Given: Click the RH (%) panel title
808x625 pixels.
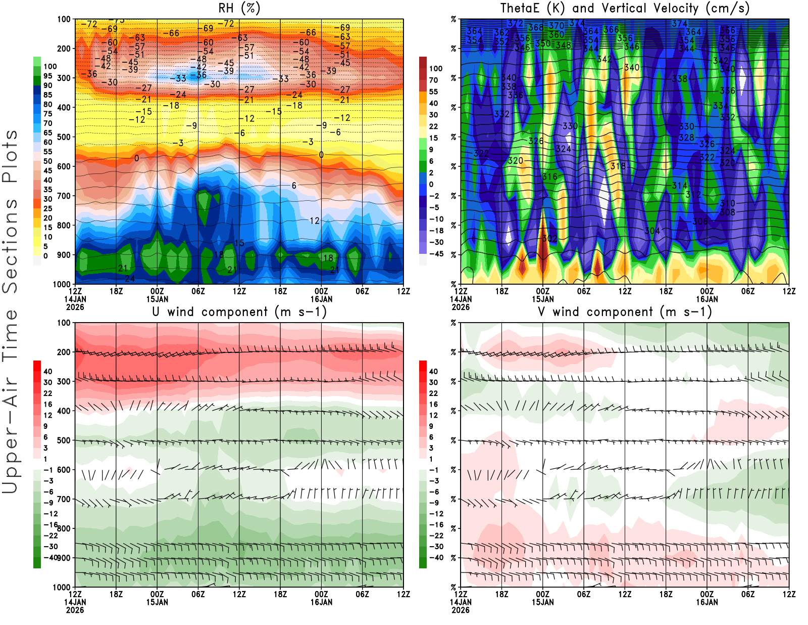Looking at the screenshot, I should [239, 8].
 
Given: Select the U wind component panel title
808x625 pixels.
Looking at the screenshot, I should [239, 311].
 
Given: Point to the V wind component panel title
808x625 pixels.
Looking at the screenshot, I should [625, 311].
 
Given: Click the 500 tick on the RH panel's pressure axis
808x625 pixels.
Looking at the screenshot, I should [64, 137].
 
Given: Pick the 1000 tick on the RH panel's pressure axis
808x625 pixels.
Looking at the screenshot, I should [62, 284].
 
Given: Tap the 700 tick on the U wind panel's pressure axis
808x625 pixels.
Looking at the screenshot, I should [64, 500].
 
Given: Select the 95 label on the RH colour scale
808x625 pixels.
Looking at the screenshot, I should [48, 76].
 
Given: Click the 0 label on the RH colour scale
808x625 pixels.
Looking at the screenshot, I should [46, 256].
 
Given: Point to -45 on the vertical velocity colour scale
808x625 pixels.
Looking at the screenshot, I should [436, 254].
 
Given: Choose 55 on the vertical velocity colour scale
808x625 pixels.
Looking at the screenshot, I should [433, 92].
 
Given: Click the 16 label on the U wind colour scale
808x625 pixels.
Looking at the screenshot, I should [48, 405].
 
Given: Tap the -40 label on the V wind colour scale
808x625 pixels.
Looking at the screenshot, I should [436, 558].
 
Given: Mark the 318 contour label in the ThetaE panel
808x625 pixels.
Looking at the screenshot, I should [618, 166].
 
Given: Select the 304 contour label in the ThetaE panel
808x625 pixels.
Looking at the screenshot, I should [652, 231].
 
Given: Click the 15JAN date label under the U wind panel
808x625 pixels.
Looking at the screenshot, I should [157, 602].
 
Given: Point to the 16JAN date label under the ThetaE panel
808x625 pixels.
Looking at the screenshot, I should [707, 299].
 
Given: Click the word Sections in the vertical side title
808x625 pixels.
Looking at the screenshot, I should [10, 246].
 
